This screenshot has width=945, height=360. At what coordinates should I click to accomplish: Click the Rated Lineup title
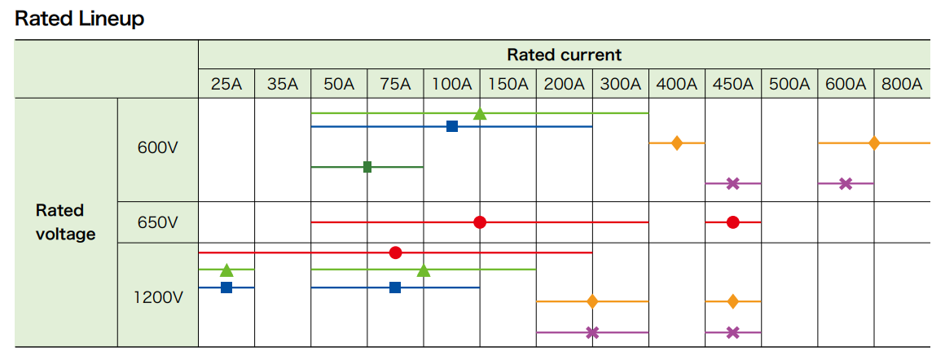tap(79, 19)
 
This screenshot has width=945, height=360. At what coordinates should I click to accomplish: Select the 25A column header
tap(226, 84)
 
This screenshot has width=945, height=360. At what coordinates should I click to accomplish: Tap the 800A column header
tap(901, 84)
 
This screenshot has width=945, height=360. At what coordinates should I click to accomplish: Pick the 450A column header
tap(732, 84)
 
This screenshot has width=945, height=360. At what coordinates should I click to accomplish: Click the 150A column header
tap(508, 84)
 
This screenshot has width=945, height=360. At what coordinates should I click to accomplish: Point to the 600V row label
tap(158, 149)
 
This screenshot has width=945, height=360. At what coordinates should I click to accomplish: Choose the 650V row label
tap(158, 222)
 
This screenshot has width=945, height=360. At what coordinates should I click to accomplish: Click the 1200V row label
tap(158, 297)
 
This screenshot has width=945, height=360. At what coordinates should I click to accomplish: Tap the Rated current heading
tap(564, 55)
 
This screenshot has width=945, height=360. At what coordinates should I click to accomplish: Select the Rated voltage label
tap(66, 222)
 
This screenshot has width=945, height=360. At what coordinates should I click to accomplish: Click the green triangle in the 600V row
tap(480, 113)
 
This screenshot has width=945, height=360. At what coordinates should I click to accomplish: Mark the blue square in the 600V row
tap(452, 126)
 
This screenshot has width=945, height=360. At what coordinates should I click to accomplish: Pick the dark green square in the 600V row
tap(367, 167)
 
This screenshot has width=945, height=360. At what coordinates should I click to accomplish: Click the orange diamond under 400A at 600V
tap(676, 143)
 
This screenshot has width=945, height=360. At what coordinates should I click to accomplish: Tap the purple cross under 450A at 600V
tap(732, 183)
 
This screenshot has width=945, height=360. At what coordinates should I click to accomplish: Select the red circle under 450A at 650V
tap(732, 222)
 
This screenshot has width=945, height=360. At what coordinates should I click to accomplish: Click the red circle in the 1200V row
tap(395, 252)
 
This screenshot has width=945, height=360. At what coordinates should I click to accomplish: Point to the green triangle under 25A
tap(226, 270)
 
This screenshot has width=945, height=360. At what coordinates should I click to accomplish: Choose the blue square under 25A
tap(226, 288)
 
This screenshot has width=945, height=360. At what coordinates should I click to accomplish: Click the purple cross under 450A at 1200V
tap(732, 332)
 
